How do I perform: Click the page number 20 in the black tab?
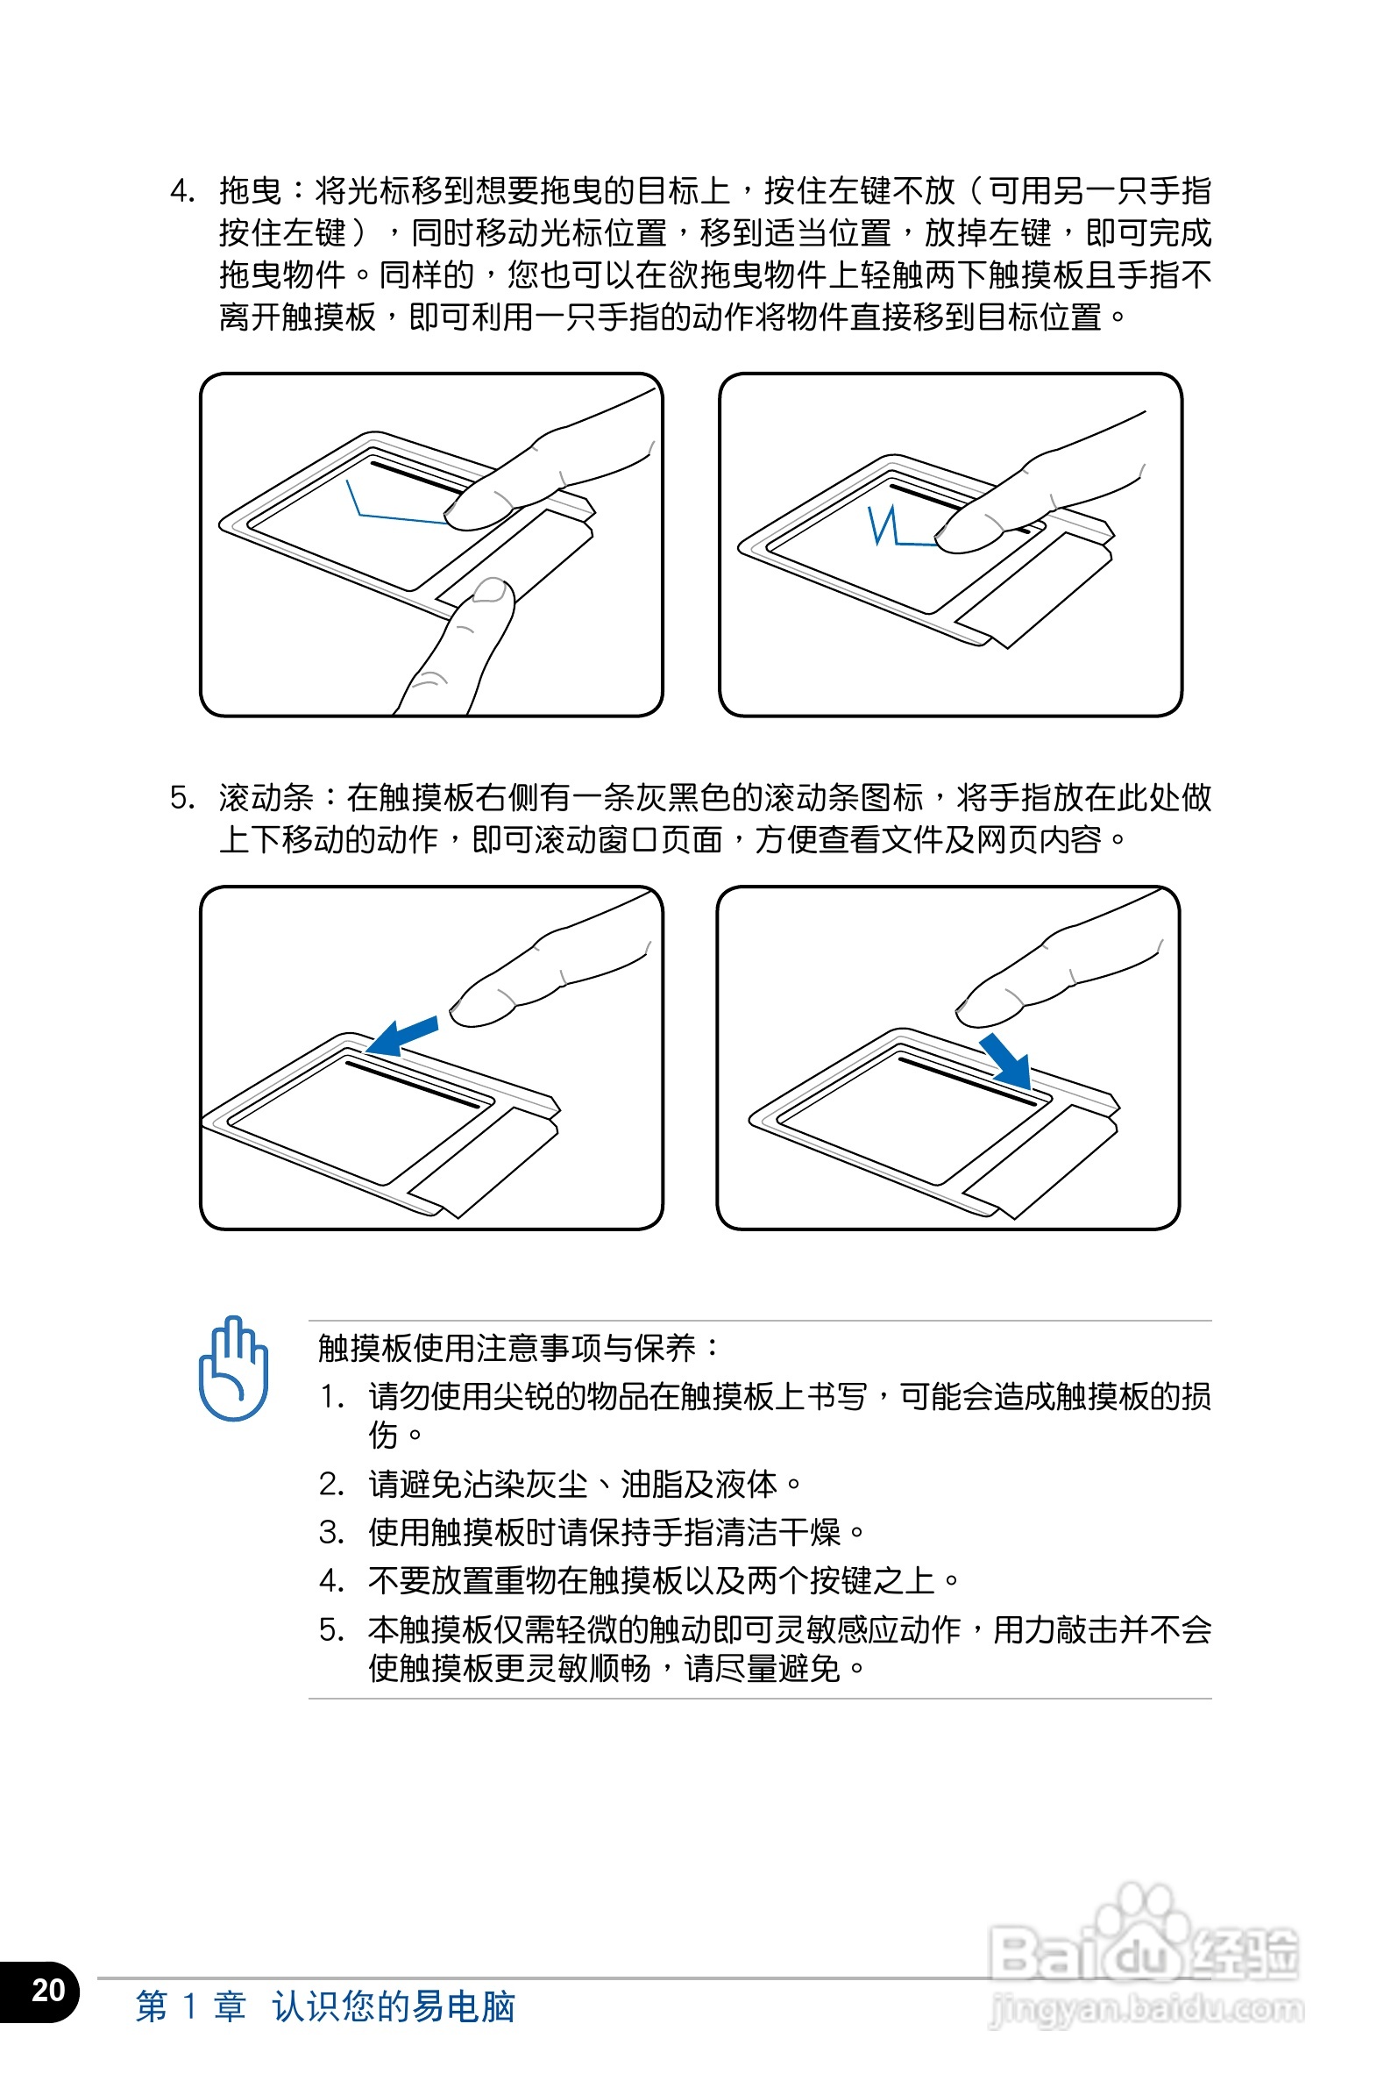click(x=48, y=1990)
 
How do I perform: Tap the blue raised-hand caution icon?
click(x=232, y=1366)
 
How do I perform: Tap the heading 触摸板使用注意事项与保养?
click(x=507, y=1347)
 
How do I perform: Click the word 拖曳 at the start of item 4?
click(x=250, y=191)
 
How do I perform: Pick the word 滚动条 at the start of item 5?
click(x=266, y=797)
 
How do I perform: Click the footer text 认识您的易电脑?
click(x=394, y=2006)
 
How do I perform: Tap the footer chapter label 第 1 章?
click(x=191, y=2006)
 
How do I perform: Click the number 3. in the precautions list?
click(x=331, y=1533)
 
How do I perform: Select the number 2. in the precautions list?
click(x=331, y=1484)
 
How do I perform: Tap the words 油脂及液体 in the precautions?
click(x=699, y=1484)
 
